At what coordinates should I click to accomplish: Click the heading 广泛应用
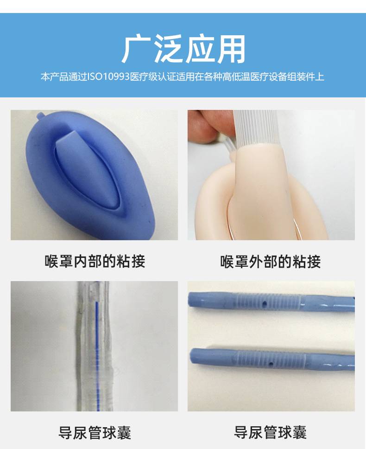click(183, 49)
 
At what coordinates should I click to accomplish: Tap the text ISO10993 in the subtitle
click(108, 77)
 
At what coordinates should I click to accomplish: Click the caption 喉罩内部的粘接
click(95, 261)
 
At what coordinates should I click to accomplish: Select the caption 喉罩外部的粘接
click(271, 261)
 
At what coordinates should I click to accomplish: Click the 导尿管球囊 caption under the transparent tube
click(95, 432)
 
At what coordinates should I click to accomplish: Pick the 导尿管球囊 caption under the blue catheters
click(271, 432)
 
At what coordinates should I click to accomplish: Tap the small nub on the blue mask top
click(41, 116)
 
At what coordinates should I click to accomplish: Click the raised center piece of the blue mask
click(86, 169)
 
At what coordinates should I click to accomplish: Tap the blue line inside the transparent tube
click(97, 352)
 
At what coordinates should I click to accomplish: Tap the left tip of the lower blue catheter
click(191, 355)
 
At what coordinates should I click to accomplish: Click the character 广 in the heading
click(136, 49)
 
